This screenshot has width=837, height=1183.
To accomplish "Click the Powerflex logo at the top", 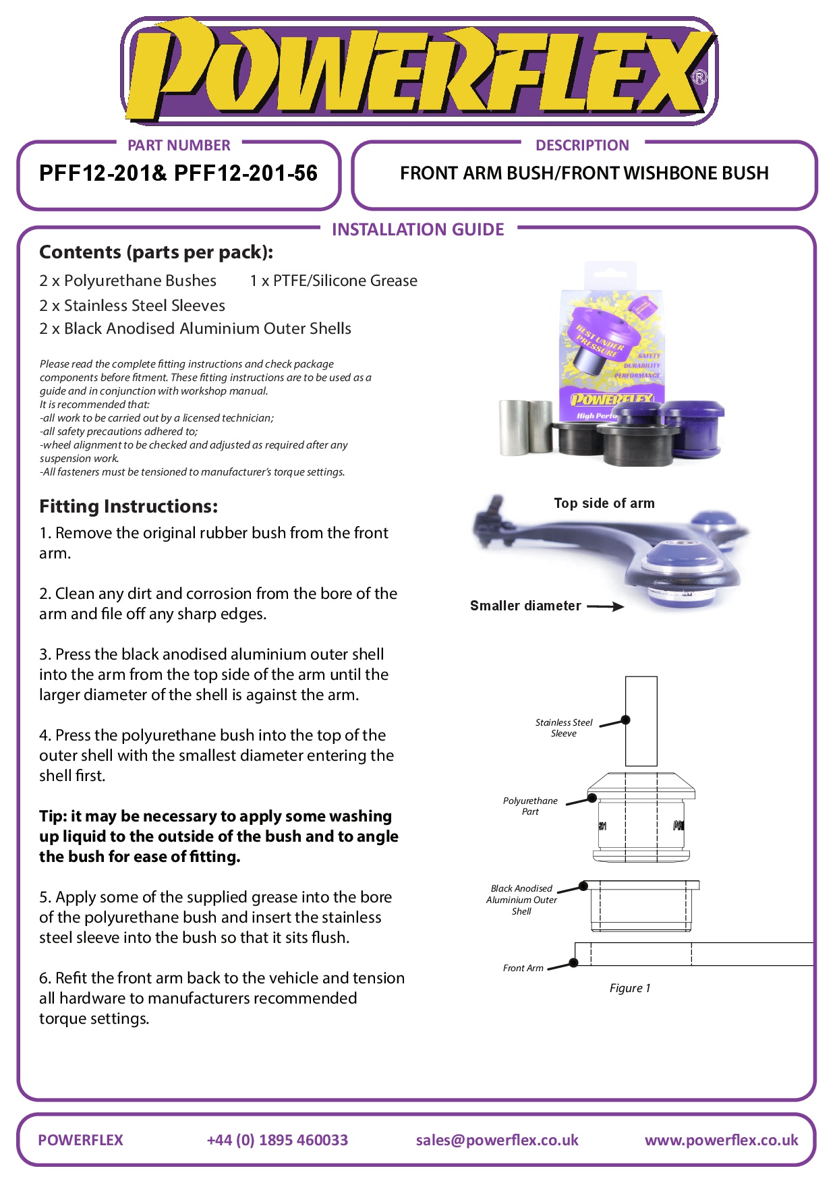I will click(418, 71).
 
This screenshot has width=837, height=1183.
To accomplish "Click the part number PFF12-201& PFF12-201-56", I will click(178, 173).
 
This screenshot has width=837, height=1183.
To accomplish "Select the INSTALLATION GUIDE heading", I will click(417, 229).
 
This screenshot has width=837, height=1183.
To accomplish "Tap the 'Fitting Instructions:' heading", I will click(128, 507).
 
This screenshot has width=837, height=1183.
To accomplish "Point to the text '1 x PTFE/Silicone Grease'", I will click(333, 281).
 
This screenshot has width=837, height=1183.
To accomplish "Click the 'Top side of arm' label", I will click(604, 503).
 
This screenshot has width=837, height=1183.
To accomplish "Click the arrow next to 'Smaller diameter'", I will click(605, 606).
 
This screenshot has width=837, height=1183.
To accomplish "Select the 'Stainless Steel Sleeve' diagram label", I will click(564, 728).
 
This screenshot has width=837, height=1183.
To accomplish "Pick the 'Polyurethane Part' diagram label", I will click(530, 806).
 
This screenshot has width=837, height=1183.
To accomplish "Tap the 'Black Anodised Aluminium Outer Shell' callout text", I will click(521, 900).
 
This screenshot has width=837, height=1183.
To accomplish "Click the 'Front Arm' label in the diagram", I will click(523, 968).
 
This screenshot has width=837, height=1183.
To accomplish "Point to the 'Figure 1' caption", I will click(630, 988).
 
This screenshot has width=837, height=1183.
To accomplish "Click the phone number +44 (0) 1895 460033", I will click(277, 1140).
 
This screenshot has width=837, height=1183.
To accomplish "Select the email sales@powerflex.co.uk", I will click(497, 1140).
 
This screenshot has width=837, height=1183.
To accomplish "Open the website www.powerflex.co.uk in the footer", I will click(721, 1140).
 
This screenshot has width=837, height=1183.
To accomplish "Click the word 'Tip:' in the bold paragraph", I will click(53, 816).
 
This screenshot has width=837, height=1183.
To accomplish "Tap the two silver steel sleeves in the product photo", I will click(525, 427).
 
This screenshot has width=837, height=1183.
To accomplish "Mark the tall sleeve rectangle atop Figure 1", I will click(641, 721).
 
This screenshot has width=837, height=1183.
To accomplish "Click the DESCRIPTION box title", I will click(582, 145).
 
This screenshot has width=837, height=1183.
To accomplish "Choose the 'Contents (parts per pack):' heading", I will click(156, 252).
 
